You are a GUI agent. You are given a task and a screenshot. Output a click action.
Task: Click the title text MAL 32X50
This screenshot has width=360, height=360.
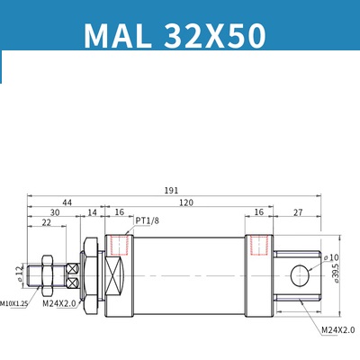tap(175, 35)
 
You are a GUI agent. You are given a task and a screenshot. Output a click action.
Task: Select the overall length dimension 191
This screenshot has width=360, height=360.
tap(172, 190)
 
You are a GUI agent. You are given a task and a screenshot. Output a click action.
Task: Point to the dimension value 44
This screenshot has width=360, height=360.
tap(67, 204)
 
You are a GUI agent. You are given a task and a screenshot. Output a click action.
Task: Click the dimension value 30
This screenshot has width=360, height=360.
tap(55, 213)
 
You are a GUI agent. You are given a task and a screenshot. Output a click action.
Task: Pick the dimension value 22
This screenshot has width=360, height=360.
tap(45, 223)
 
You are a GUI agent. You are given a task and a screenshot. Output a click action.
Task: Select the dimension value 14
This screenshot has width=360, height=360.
tap(92, 213)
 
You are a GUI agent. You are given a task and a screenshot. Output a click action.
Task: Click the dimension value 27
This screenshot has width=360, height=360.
tap(298, 213)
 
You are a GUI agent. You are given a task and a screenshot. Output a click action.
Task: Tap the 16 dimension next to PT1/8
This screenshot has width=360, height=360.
tap(120, 213)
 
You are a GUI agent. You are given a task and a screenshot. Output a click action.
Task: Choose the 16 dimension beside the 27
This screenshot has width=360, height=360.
tap(258, 213)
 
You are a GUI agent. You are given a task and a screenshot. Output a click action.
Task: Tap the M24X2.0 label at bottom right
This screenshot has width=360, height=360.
tap(338, 330)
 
